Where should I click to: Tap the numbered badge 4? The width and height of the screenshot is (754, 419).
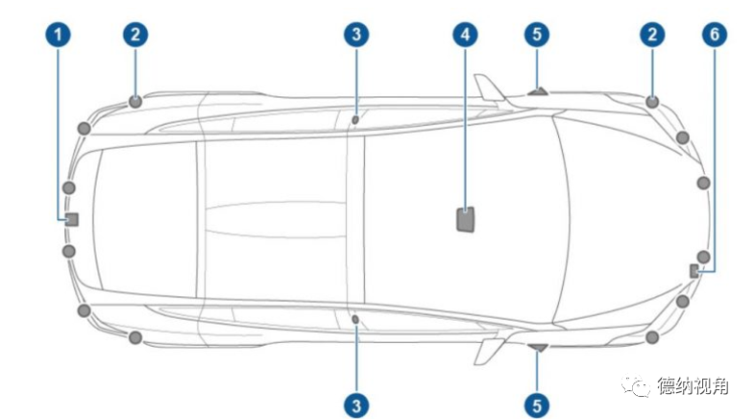tap(465, 36)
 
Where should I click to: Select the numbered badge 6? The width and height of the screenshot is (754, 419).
tap(713, 36)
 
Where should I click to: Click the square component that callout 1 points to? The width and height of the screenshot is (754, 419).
tap(71, 218)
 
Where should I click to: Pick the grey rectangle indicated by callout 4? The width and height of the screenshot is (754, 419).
tap(466, 218)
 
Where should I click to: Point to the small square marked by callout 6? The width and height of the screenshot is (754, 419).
tap(693, 271)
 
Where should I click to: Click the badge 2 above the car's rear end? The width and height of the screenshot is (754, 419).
tap(135, 36)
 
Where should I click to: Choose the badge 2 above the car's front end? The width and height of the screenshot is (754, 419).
tap(653, 36)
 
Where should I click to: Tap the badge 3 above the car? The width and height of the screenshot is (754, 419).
tap(355, 36)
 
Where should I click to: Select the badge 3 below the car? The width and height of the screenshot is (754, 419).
tap(355, 405)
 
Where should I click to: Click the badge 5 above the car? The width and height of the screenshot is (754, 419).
tap(538, 36)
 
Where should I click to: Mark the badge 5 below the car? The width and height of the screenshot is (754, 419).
tap(538, 405)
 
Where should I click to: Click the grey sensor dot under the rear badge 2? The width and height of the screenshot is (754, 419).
tap(135, 100)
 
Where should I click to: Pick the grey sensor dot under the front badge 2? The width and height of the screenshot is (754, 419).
tap(653, 101)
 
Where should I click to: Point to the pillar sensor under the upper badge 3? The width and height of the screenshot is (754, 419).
tap(354, 120)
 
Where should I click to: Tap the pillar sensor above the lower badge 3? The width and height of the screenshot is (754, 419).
tap(354, 318)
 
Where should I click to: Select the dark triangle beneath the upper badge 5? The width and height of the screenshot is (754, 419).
tap(538, 92)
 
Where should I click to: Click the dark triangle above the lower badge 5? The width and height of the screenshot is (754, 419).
tap(538, 347)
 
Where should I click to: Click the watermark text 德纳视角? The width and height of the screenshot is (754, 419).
tap(693, 387)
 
